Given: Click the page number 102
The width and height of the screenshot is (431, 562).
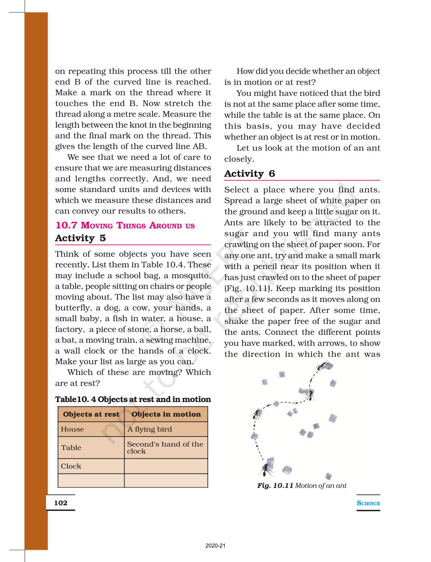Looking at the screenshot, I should pos(61,502).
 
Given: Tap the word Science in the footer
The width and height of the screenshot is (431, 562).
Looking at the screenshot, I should pos(368,503).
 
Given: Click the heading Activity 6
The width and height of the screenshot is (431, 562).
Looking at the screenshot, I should pos(249,174).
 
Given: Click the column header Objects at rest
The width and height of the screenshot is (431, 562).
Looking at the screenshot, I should pos(91,414).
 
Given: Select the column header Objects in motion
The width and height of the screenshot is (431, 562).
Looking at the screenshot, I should pos(166,414).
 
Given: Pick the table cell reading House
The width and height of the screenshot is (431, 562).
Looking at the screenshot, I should pos(72,429).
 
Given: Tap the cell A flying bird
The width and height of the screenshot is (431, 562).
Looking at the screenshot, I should pos(149,429).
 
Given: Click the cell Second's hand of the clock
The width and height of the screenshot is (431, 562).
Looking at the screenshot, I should pos(165,448).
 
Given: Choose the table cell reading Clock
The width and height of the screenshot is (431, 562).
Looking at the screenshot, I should pos(71,466).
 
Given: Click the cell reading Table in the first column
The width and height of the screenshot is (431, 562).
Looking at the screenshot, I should pos(71,448).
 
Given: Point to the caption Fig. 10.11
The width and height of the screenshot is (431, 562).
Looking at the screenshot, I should pos(275,485).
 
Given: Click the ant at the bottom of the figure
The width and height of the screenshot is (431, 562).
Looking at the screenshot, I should pos(267,470).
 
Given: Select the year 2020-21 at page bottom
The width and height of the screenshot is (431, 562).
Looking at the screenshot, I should pos(215,546).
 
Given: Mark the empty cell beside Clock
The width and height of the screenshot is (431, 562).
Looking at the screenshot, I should pos(166,466).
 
